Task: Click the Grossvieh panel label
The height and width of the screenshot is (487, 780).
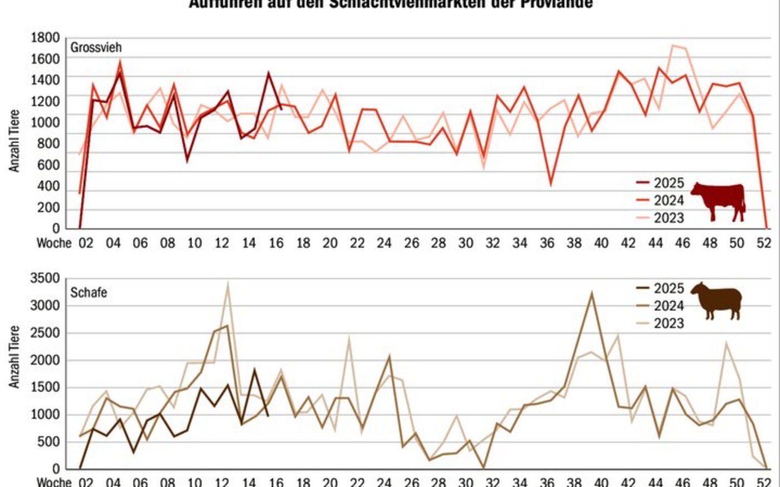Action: pyautogui.click(x=95, y=48)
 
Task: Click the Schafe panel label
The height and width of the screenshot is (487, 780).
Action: pyautogui.click(x=88, y=292)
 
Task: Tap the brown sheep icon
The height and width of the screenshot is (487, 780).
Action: pyautogui.click(x=718, y=300)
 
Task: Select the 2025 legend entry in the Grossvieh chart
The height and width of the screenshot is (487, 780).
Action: pyautogui.click(x=668, y=183)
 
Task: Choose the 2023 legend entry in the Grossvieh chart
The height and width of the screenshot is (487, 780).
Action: pyautogui.click(x=668, y=218)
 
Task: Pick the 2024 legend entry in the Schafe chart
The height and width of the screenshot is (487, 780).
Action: pyautogui.click(x=668, y=306)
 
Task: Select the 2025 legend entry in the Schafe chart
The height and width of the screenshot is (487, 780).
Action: pyautogui.click(x=668, y=288)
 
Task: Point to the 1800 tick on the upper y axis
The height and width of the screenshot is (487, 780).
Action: pyautogui.click(x=45, y=38)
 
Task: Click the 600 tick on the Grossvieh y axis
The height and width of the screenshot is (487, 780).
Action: pyautogui.click(x=48, y=165)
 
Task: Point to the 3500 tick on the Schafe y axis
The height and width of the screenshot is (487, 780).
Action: pyautogui.click(x=45, y=278)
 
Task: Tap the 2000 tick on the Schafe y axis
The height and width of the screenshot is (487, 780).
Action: pyautogui.click(x=45, y=360)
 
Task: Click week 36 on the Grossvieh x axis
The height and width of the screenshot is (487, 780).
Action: pyautogui.click(x=547, y=243)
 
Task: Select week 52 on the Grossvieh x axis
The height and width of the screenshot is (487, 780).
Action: pyautogui.click(x=764, y=243)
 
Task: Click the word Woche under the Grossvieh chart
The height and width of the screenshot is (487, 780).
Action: pyautogui.click(x=54, y=243)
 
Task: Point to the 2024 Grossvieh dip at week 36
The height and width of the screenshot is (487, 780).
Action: pyautogui.click(x=550, y=184)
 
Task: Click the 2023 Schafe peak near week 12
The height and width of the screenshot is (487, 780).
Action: pyautogui.click(x=227, y=283)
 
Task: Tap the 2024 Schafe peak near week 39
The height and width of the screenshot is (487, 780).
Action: pyautogui.click(x=592, y=293)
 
